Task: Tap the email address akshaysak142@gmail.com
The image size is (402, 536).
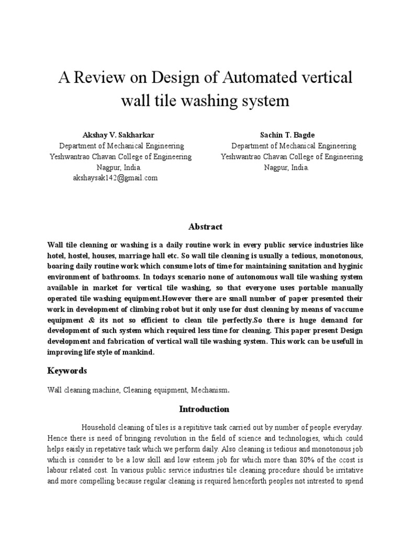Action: (115, 178)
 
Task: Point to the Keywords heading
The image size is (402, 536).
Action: (67, 371)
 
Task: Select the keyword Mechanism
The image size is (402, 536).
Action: (210, 390)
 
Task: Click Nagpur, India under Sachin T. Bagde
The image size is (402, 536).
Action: (286, 167)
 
